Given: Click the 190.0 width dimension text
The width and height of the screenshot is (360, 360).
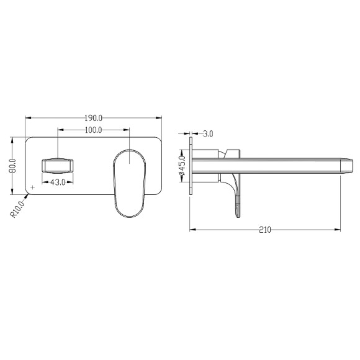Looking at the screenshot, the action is tap(94, 118).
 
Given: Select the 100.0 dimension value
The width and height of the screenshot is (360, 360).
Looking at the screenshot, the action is tap(94, 130).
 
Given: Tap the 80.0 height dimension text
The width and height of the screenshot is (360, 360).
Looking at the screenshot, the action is tap(13, 166).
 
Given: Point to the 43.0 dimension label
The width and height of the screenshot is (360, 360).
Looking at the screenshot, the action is tap(58, 182).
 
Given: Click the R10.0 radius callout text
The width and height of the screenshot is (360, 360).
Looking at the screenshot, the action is tap(17, 209).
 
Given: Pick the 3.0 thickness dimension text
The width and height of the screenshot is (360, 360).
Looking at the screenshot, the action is tap(208, 134).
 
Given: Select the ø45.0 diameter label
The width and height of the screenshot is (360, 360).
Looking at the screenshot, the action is tap(182, 166).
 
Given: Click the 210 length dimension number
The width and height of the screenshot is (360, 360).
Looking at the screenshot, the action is tap(265, 230).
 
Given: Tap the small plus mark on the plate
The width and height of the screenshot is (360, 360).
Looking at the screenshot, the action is tap(33, 187).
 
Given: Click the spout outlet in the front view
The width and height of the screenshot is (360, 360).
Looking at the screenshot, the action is tap(58, 166).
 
